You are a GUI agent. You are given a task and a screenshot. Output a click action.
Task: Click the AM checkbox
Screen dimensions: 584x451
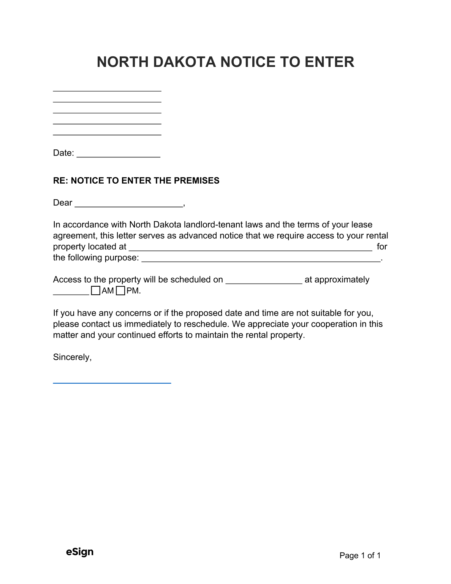pyautogui.click(x=96, y=291)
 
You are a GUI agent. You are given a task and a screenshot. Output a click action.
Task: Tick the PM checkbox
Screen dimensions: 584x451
pyautogui.click(x=120, y=291)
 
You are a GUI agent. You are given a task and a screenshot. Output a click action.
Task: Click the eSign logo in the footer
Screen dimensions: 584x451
pyautogui.click(x=80, y=552)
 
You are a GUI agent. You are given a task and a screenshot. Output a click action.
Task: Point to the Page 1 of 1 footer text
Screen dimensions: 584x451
pyautogui.click(x=360, y=555)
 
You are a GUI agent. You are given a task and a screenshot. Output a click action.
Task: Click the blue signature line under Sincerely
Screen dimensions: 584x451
pyautogui.click(x=112, y=382)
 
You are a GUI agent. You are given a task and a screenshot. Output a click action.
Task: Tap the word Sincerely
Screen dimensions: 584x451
pyautogui.click(x=72, y=357)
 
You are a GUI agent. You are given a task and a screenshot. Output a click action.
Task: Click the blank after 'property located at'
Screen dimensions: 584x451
pyautogui.click(x=250, y=249)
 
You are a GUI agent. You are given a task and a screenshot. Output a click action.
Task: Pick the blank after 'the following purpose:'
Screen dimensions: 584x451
pyautogui.click(x=261, y=260)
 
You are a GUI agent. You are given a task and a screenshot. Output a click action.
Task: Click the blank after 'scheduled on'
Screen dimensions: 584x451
pyautogui.click(x=264, y=282)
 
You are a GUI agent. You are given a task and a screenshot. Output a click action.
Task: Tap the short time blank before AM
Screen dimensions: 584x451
pyautogui.click(x=71, y=293)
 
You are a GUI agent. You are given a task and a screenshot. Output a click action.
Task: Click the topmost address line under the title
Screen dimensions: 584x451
pyautogui.click(x=107, y=90)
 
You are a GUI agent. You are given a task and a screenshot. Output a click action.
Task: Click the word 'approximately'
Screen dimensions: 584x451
pyautogui.click(x=342, y=280)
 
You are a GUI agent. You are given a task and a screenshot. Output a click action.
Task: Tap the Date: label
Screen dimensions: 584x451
pyautogui.click(x=63, y=153)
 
